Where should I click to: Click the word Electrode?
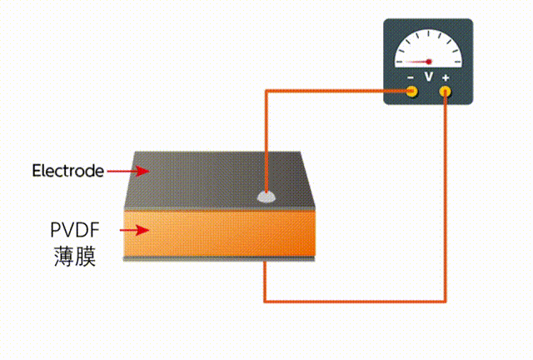(68, 171)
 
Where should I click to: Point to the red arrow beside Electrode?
(128, 171)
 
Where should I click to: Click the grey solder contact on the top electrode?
(266, 197)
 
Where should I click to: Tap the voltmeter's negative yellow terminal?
(411, 90)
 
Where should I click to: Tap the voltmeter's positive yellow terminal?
(446, 90)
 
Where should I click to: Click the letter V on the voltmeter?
(429, 77)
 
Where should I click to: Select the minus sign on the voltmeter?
(411, 77)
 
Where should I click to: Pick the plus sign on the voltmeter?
(446, 77)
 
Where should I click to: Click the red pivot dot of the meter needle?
(429, 61)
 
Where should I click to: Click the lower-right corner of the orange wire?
(446, 300)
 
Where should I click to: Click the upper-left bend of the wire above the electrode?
(266, 91)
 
